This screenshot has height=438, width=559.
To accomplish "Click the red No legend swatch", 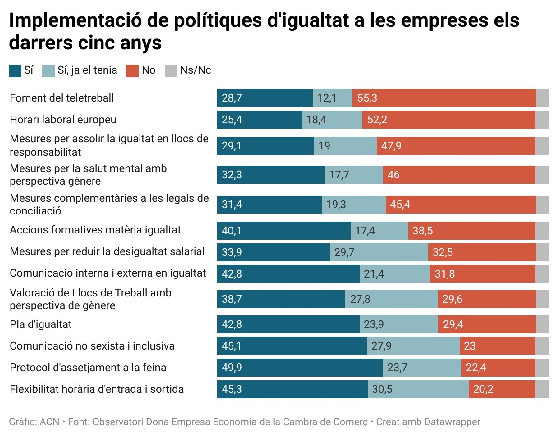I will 132,71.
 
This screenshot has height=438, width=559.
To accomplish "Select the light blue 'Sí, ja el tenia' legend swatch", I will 48,71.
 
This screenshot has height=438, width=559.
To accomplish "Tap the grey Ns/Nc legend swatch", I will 171,71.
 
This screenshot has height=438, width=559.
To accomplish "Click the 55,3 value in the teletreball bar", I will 367,98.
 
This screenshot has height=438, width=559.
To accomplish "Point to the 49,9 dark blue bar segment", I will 300,368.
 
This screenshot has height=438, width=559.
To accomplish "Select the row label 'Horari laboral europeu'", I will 63,120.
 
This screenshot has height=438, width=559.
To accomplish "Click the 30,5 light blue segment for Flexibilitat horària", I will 418,389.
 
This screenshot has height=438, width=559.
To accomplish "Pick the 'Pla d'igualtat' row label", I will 41,324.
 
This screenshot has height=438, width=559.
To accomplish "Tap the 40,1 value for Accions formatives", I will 231,230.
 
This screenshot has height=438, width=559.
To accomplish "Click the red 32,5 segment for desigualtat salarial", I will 482,252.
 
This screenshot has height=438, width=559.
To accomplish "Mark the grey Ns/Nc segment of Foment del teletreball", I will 543,98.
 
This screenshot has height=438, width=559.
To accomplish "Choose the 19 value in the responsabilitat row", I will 324,146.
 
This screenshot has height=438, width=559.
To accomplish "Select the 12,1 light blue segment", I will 332,98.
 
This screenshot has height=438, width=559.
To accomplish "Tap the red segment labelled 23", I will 497,346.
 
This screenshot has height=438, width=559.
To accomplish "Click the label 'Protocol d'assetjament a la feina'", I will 88,368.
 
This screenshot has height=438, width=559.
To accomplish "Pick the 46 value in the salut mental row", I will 393,174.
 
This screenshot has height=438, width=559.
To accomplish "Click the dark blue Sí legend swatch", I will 15,71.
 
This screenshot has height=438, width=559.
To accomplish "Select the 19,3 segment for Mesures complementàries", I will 353,204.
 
